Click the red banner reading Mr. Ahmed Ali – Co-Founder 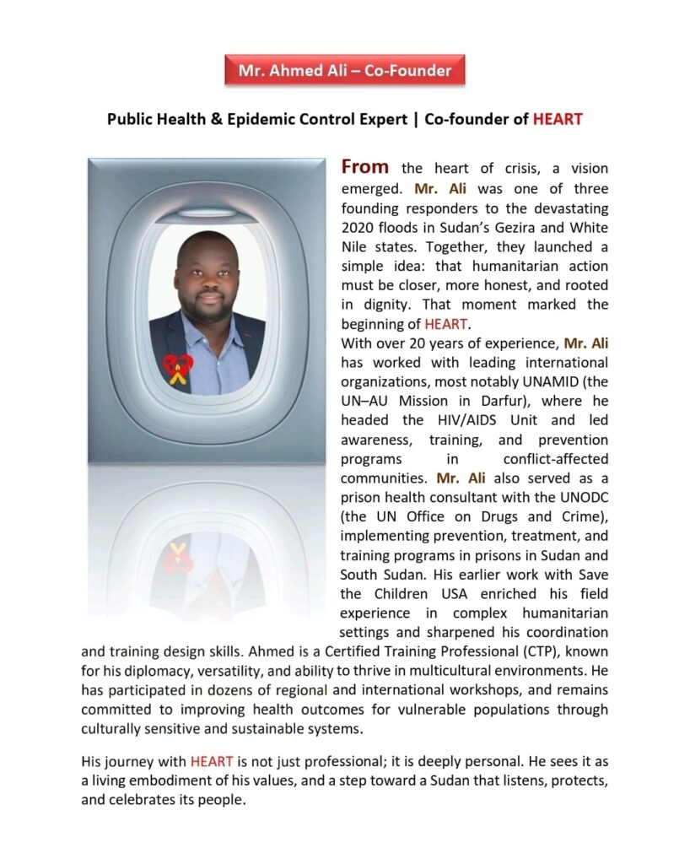tap(344, 70)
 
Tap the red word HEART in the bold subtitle tap(558, 119)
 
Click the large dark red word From tap(364, 167)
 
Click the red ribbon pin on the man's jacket tap(178, 367)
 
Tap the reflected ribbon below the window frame tap(178, 558)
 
